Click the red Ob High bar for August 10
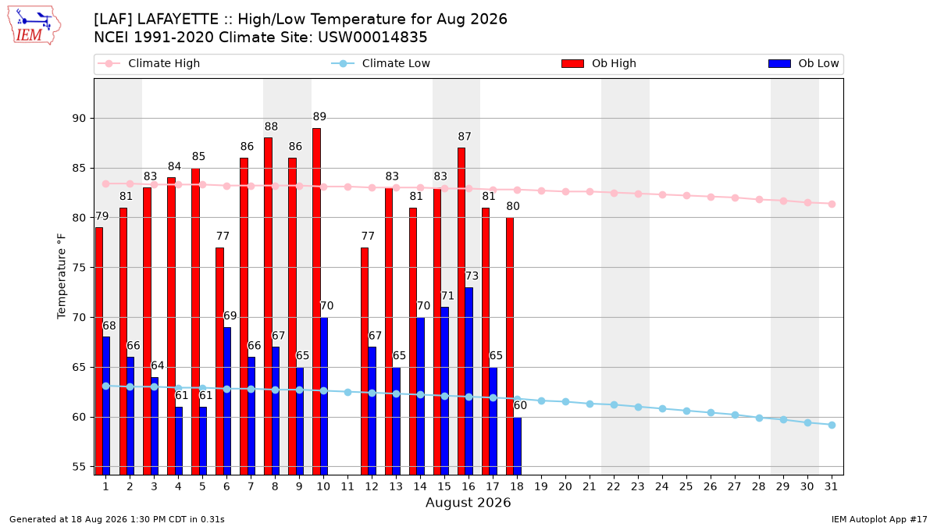tap(317, 301)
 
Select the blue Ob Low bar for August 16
tap(469, 381)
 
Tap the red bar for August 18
tap(510, 347)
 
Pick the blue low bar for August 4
tap(179, 441)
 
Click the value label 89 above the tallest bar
tap(319, 116)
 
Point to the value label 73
tap(472, 276)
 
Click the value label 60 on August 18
tap(520, 405)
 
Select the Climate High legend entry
tap(148, 63)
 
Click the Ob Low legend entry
tap(803, 63)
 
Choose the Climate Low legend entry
tap(380, 63)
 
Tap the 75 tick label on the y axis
tap(79, 267)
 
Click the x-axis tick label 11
tap(347, 486)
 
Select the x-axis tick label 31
tap(831, 486)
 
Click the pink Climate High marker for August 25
tap(686, 196)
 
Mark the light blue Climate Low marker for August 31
tap(832, 425)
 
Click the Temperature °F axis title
tap(62, 276)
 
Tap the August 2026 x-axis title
tap(468, 502)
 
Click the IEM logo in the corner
tap(34, 26)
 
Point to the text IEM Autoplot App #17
tap(879, 519)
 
